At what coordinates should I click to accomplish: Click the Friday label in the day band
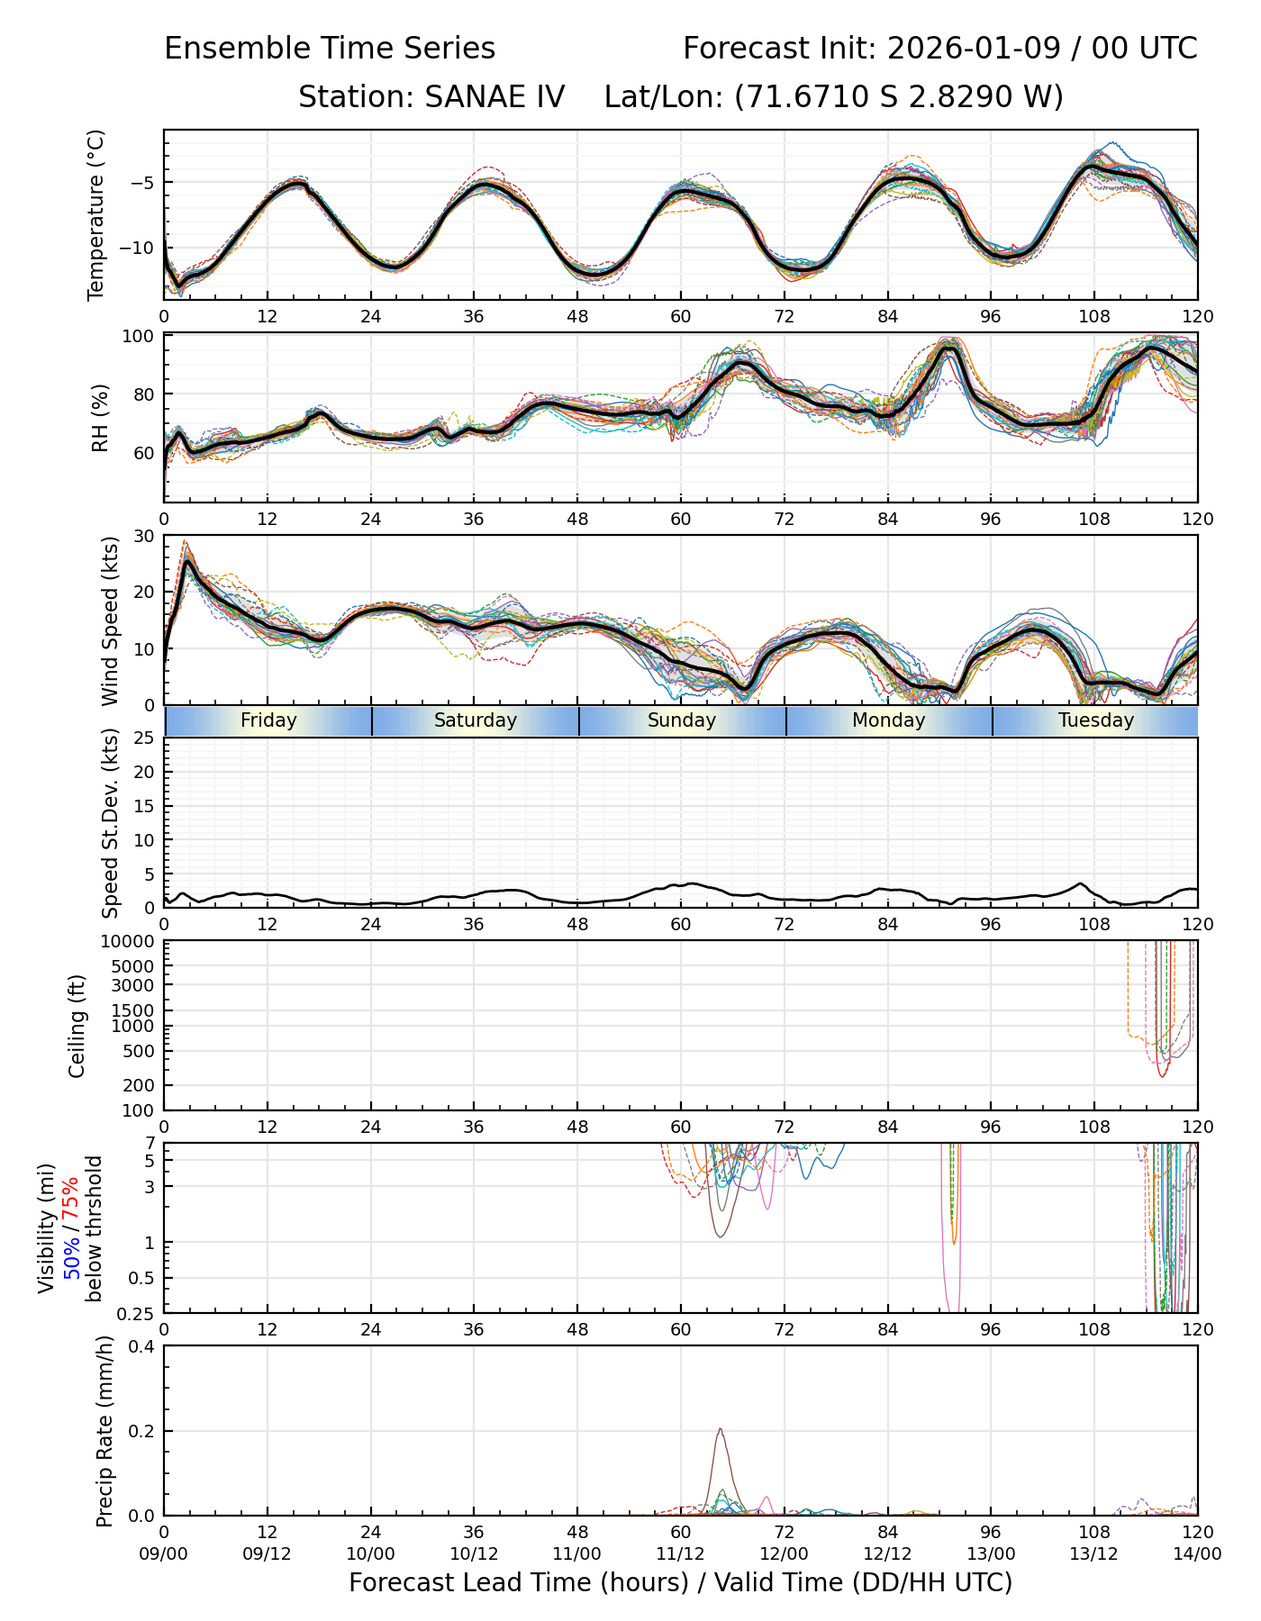[x=268, y=720]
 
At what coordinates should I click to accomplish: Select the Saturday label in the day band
[x=476, y=720]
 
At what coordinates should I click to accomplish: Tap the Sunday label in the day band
[x=682, y=720]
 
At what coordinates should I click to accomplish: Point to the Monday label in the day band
[x=889, y=720]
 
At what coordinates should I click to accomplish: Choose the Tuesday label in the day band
[x=1096, y=720]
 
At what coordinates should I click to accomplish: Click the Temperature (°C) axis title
[x=96, y=214]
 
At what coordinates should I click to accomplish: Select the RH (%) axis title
[x=100, y=418]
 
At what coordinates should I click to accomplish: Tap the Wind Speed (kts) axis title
[x=110, y=621]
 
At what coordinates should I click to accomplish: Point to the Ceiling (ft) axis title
[x=77, y=1026]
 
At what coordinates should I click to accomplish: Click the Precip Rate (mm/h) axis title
[x=105, y=1431]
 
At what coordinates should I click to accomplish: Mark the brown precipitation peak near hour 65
[x=721, y=1429]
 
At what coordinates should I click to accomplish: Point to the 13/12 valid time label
[x=1094, y=1553]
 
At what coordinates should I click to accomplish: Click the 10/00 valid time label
[x=371, y=1553]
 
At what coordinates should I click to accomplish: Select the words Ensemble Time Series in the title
[x=330, y=49]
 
